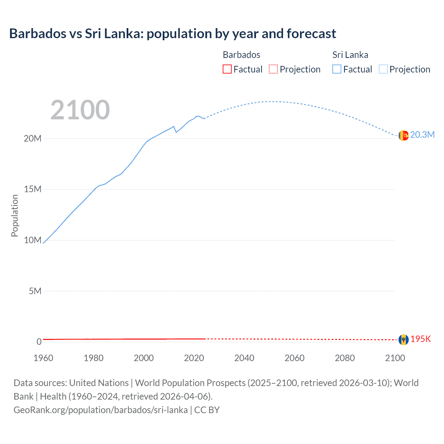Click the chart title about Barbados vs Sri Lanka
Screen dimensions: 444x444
172,34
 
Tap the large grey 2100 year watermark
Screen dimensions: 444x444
80,110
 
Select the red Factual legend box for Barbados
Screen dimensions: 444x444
227,69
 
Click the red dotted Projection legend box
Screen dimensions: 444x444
273,69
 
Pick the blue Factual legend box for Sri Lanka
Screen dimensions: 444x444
337,69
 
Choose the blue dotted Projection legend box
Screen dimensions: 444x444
383,69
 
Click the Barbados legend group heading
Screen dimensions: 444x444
241,55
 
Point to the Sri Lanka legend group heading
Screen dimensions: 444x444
350,55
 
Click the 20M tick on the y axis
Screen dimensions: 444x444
33,138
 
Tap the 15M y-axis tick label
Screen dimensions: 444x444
33,189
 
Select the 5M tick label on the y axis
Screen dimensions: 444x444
35,291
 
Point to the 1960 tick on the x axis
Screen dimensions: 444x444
43,358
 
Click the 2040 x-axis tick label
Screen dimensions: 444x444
244,358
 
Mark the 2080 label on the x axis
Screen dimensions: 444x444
345,358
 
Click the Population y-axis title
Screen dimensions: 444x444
15,215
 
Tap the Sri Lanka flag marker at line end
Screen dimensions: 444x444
403,135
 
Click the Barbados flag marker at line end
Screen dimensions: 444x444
403,340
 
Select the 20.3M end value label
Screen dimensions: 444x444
422,135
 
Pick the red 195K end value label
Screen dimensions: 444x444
421,339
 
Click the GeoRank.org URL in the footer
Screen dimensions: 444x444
101,410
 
